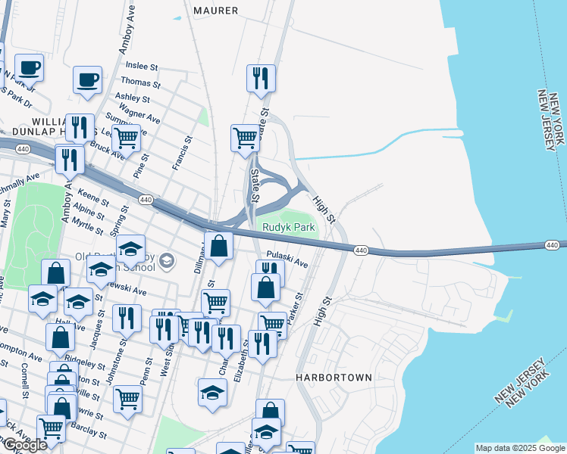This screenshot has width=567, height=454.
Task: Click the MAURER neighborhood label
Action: (216, 11)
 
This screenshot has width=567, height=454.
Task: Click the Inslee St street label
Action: (142, 67)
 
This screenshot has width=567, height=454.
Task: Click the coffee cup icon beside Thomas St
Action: (87, 79)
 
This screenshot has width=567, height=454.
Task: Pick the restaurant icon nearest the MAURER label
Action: (261, 78)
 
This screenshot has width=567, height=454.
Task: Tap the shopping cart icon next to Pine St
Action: (126, 138)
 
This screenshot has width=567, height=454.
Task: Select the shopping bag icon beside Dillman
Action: (218, 246)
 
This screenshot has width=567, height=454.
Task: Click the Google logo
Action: (24, 445)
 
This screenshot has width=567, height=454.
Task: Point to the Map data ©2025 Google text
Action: (519, 448)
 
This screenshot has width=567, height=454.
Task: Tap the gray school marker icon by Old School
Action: (168, 263)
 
